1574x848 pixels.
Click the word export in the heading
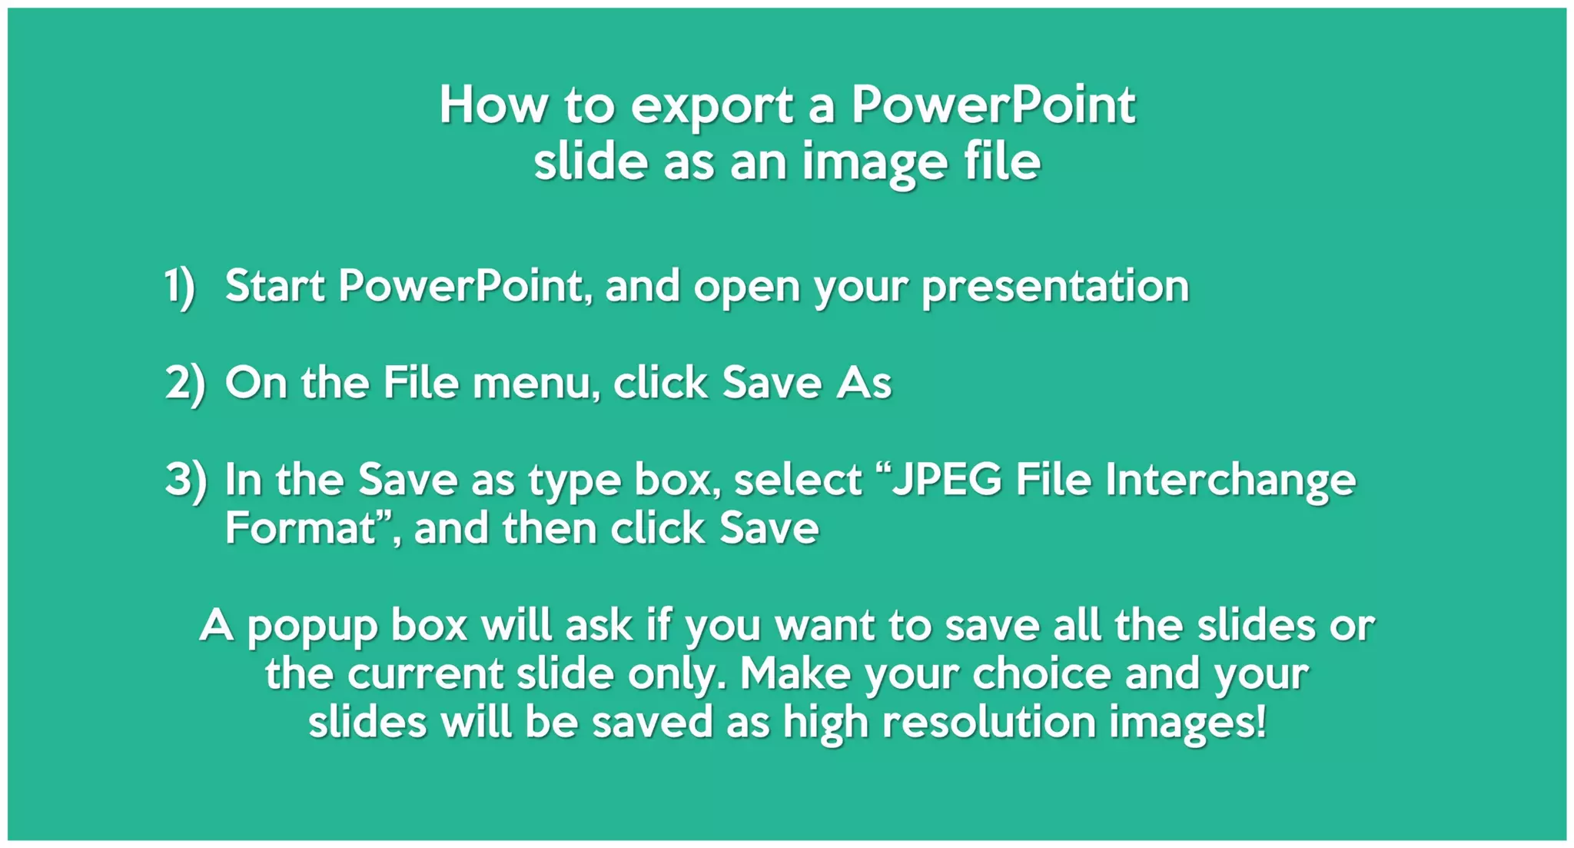click(x=712, y=107)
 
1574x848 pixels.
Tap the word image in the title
click(x=875, y=163)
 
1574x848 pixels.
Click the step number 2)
click(x=185, y=383)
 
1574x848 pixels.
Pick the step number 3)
click(x=185, y=480)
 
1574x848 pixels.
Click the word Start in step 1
click(x=274, y=286)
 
